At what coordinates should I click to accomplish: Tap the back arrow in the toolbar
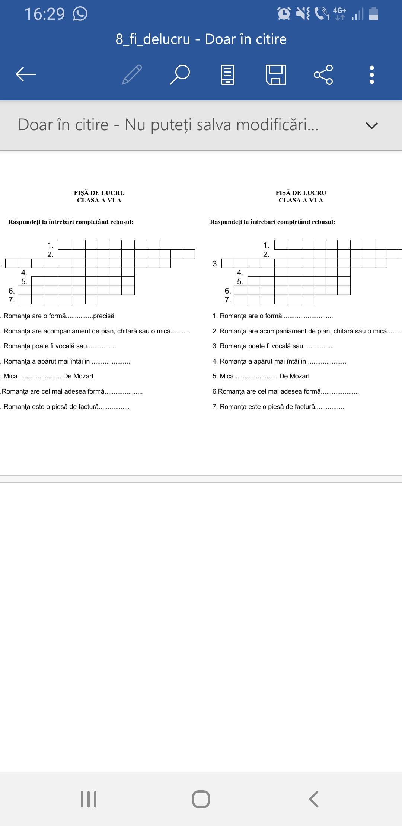point(26,74)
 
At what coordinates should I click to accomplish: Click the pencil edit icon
point(132,74)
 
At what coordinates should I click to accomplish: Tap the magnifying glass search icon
point(180,74)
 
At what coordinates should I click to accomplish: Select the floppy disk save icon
point(276,74)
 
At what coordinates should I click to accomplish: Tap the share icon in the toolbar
point(323,74)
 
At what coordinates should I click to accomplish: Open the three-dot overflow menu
point(371,74)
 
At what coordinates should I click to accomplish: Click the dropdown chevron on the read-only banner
point(371,125)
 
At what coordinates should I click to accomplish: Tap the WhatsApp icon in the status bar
point(80,14)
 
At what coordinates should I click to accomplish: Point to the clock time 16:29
point(44,14)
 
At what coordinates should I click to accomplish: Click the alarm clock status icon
point(284,14)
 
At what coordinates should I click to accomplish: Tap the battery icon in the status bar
point(373,14)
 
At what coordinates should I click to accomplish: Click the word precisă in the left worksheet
point(103,316)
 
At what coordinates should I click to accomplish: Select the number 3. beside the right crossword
point(216,264)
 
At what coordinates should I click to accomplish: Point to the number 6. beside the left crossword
point(12,291)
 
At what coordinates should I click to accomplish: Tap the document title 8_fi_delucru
point(153,39)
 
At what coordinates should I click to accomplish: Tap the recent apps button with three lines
point(89,799)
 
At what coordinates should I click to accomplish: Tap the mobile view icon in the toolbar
point(228,74)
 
